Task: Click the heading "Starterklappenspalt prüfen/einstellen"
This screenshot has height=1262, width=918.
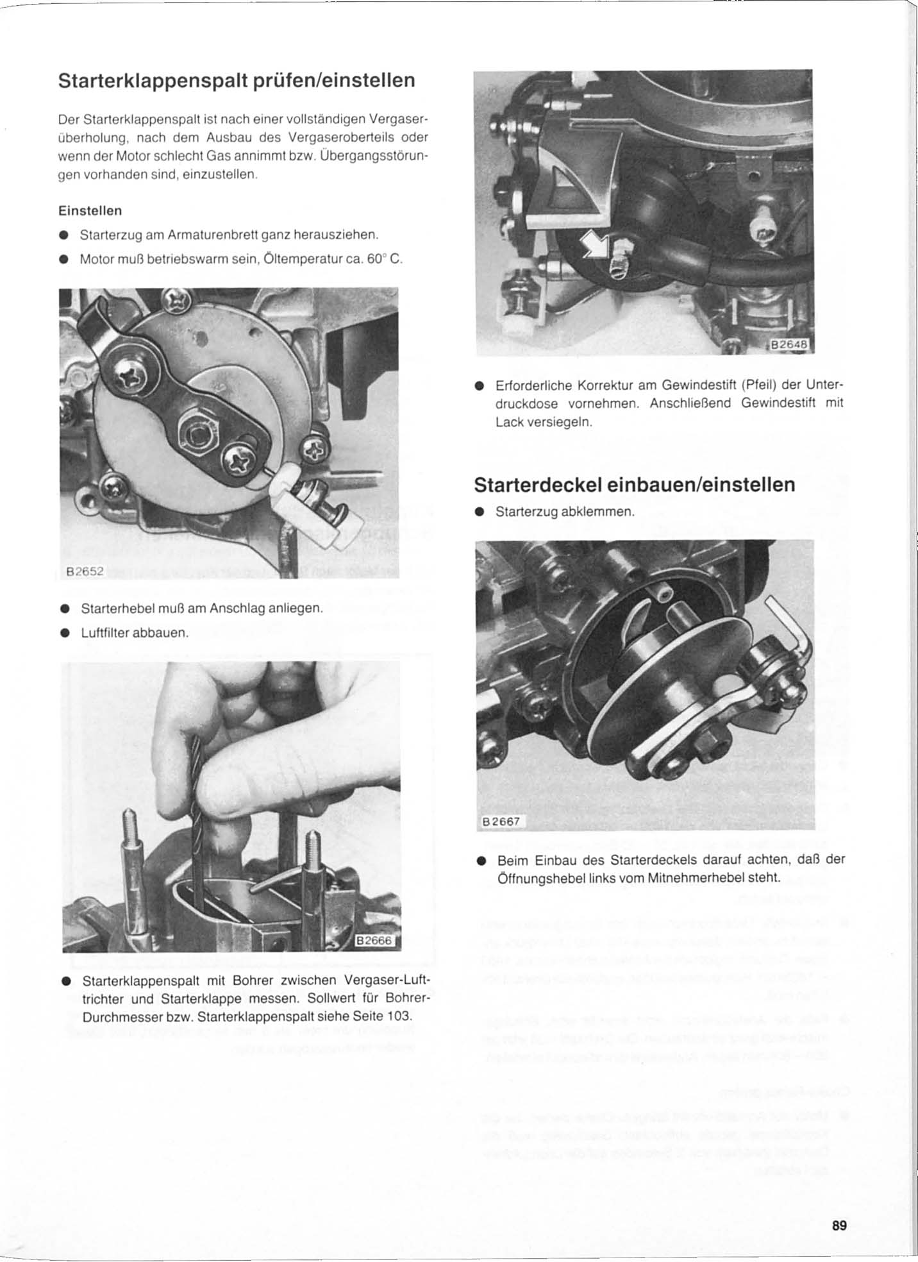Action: pos(237,81)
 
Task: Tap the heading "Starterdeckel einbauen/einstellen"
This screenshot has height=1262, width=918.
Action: pos(634,485)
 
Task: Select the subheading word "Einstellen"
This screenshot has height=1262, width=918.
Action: pos(90,210)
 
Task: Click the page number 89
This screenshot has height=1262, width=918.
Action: pos(839,1225)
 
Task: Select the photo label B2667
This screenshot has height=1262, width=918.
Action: pos(503,821)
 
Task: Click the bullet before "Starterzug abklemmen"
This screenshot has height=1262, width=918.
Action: pos(479,512)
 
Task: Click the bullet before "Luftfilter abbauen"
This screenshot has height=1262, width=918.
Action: pos(64,633)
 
